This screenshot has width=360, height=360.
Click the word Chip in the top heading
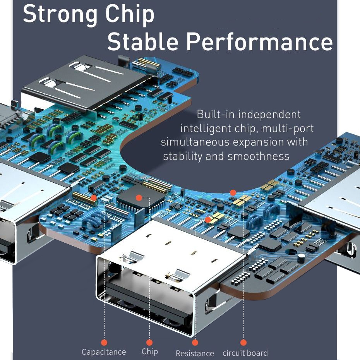pos(130,15)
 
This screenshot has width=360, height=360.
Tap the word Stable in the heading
pos(143,41)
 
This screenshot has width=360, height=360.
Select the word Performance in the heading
pos(259,41)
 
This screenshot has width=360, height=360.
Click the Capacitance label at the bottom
pos(104,352)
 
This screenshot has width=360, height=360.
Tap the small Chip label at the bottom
pos(150,351)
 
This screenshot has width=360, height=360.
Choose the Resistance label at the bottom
pos(195,353)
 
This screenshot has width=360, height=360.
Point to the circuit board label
pos(245,353)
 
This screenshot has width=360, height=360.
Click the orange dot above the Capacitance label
pos(104,343)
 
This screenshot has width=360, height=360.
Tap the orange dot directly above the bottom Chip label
pos(149,343)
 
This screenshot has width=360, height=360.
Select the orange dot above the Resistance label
pos(195,343)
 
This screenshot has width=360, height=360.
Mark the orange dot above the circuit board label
pos(243,343)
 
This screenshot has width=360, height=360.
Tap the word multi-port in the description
pos(288,129)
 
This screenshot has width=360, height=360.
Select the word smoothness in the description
pos(258,156)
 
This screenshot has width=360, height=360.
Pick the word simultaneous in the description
pos(195,142)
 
